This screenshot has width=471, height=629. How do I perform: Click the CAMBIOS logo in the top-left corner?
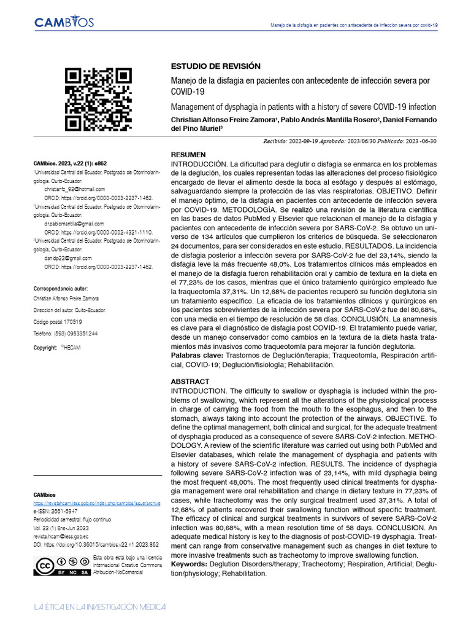[64, 23]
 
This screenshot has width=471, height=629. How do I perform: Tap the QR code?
[99, 100]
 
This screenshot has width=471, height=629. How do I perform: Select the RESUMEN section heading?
[188, 155]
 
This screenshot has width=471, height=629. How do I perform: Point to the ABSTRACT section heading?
[190, 381]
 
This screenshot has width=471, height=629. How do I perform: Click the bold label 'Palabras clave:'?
[197, 356]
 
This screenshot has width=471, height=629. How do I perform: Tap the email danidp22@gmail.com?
[68, 259]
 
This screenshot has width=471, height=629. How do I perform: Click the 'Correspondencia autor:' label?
[60, 288]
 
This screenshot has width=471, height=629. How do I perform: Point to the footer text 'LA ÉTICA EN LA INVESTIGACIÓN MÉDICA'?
[100, 607]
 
